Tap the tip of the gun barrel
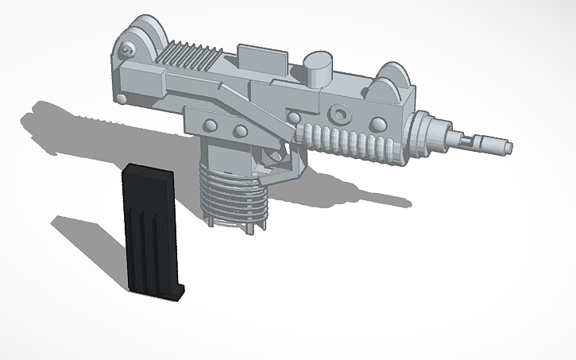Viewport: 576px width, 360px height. (506, 147)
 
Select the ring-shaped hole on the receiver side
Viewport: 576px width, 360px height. (340, 114)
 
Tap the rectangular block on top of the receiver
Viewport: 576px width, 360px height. (262, 58)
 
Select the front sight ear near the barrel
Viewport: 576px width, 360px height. (395, 80)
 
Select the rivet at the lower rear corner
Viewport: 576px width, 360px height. (121, 97)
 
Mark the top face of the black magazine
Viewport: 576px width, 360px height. (147, 169)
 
